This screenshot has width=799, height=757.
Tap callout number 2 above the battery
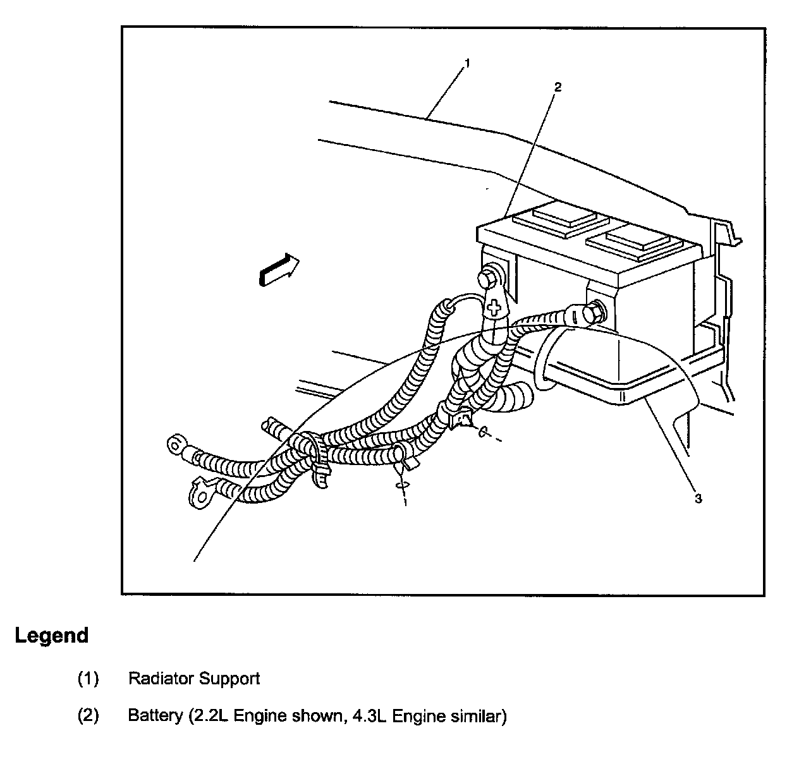coord(557,87)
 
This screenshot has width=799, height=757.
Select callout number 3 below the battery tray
coord(698,499)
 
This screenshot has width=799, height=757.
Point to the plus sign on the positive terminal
coord(495,308)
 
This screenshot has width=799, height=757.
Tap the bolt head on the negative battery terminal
coord(595,311)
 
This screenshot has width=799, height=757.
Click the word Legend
coord(52,636)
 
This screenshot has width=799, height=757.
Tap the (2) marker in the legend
coord(88,717)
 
